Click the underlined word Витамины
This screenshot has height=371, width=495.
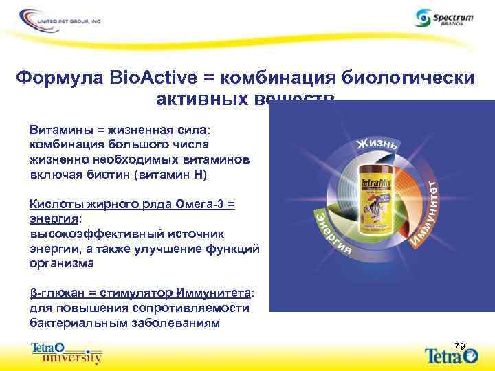pyautogui.click(x=58, y=131)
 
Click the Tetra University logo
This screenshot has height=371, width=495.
pyautogui.click(x=67, y=352)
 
